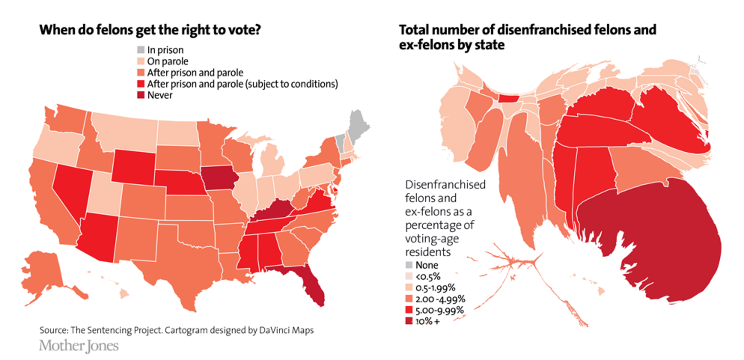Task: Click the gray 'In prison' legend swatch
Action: tap(141, 50)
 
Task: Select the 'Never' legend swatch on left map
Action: tap(141, 95)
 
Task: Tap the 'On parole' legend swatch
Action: tap(141, 61)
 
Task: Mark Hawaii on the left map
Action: tap(124, 294)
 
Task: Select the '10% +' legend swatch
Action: tap(409, 321)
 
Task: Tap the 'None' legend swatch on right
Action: tap(409, 265)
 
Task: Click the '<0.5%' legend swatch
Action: tap(409, 276)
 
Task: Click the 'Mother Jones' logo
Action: tap(79, 346)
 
